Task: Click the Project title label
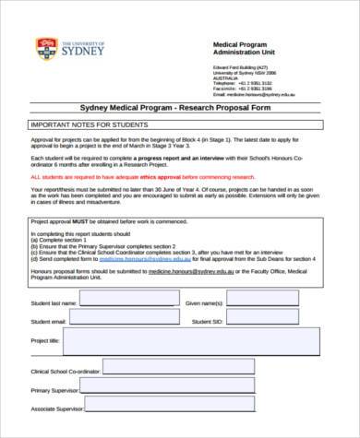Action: (x=45, y=341)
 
